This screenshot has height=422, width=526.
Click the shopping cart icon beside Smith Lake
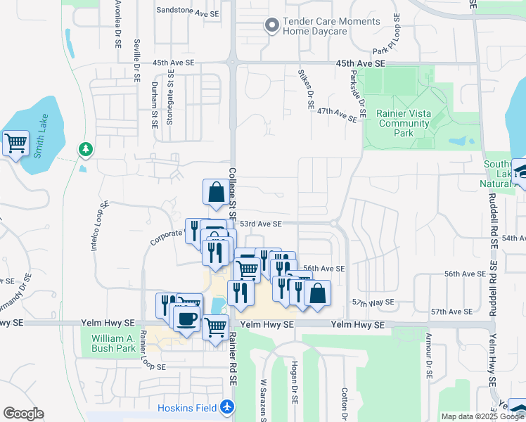pos(15,144)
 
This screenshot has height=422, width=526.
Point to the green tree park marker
pos(86,149)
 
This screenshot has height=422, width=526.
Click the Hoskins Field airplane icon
pos(226,407)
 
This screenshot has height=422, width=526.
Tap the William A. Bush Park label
pos(113,343)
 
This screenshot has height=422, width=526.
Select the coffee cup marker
pos(186,319)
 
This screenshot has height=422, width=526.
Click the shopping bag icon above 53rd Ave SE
pos(216,191)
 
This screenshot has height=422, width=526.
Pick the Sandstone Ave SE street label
pos(188,11)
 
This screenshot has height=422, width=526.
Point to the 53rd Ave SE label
pos(260,224)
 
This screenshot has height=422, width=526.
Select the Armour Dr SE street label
pos(426,362)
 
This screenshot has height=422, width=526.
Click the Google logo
pos(23,414)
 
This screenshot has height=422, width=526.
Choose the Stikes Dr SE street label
pos(306,88)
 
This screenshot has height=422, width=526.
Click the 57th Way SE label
pos(373,302)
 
